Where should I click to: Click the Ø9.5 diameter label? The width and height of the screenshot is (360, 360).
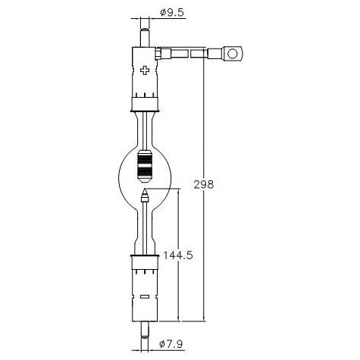[171, 12]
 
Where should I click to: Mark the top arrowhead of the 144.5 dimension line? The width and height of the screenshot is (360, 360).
[179, 192]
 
